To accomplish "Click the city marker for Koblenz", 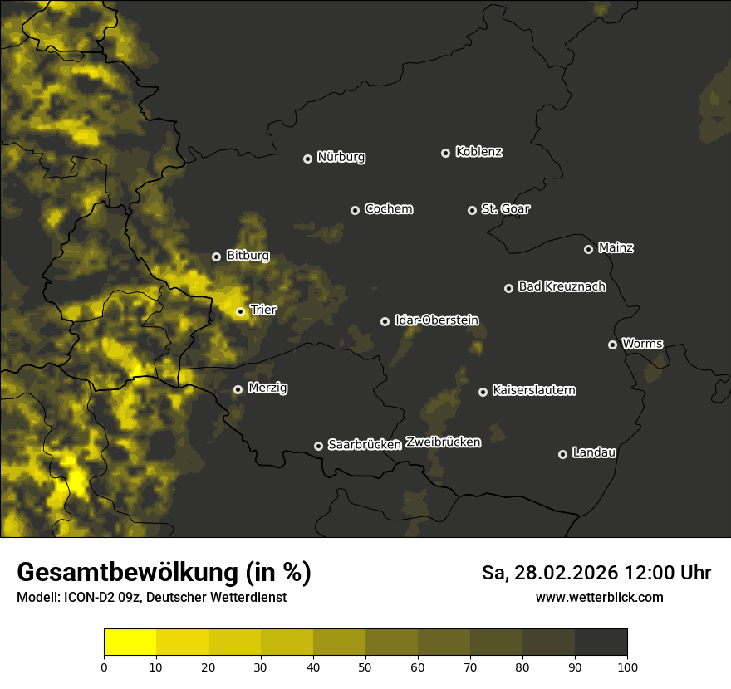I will [x=445, y=153].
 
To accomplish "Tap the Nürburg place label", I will [x=341, y=157].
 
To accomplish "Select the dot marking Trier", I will [x=240, y=312].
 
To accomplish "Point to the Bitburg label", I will [x=248, y=256].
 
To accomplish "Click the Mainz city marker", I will [x=588, y=249].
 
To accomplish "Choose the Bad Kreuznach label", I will [x=562, y=286].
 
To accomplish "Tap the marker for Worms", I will [x=612, y=344].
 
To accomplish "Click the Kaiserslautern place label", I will [x=533, y=390].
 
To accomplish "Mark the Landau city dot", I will [x=562, y=454].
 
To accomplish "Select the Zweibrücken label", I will [x=443, y=442].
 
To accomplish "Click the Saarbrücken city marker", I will [x=318, y=446].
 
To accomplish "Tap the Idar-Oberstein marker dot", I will [x=385, y=321].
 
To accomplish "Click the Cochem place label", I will [x=388, y=208].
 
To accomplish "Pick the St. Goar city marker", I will [x=472, y=210].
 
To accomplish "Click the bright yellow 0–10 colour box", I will [x=130, y=643].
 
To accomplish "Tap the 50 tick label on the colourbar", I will [x=365, y=667].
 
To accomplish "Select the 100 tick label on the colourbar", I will [x=626, y=667].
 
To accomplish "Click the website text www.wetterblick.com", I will [x=599, y=597].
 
